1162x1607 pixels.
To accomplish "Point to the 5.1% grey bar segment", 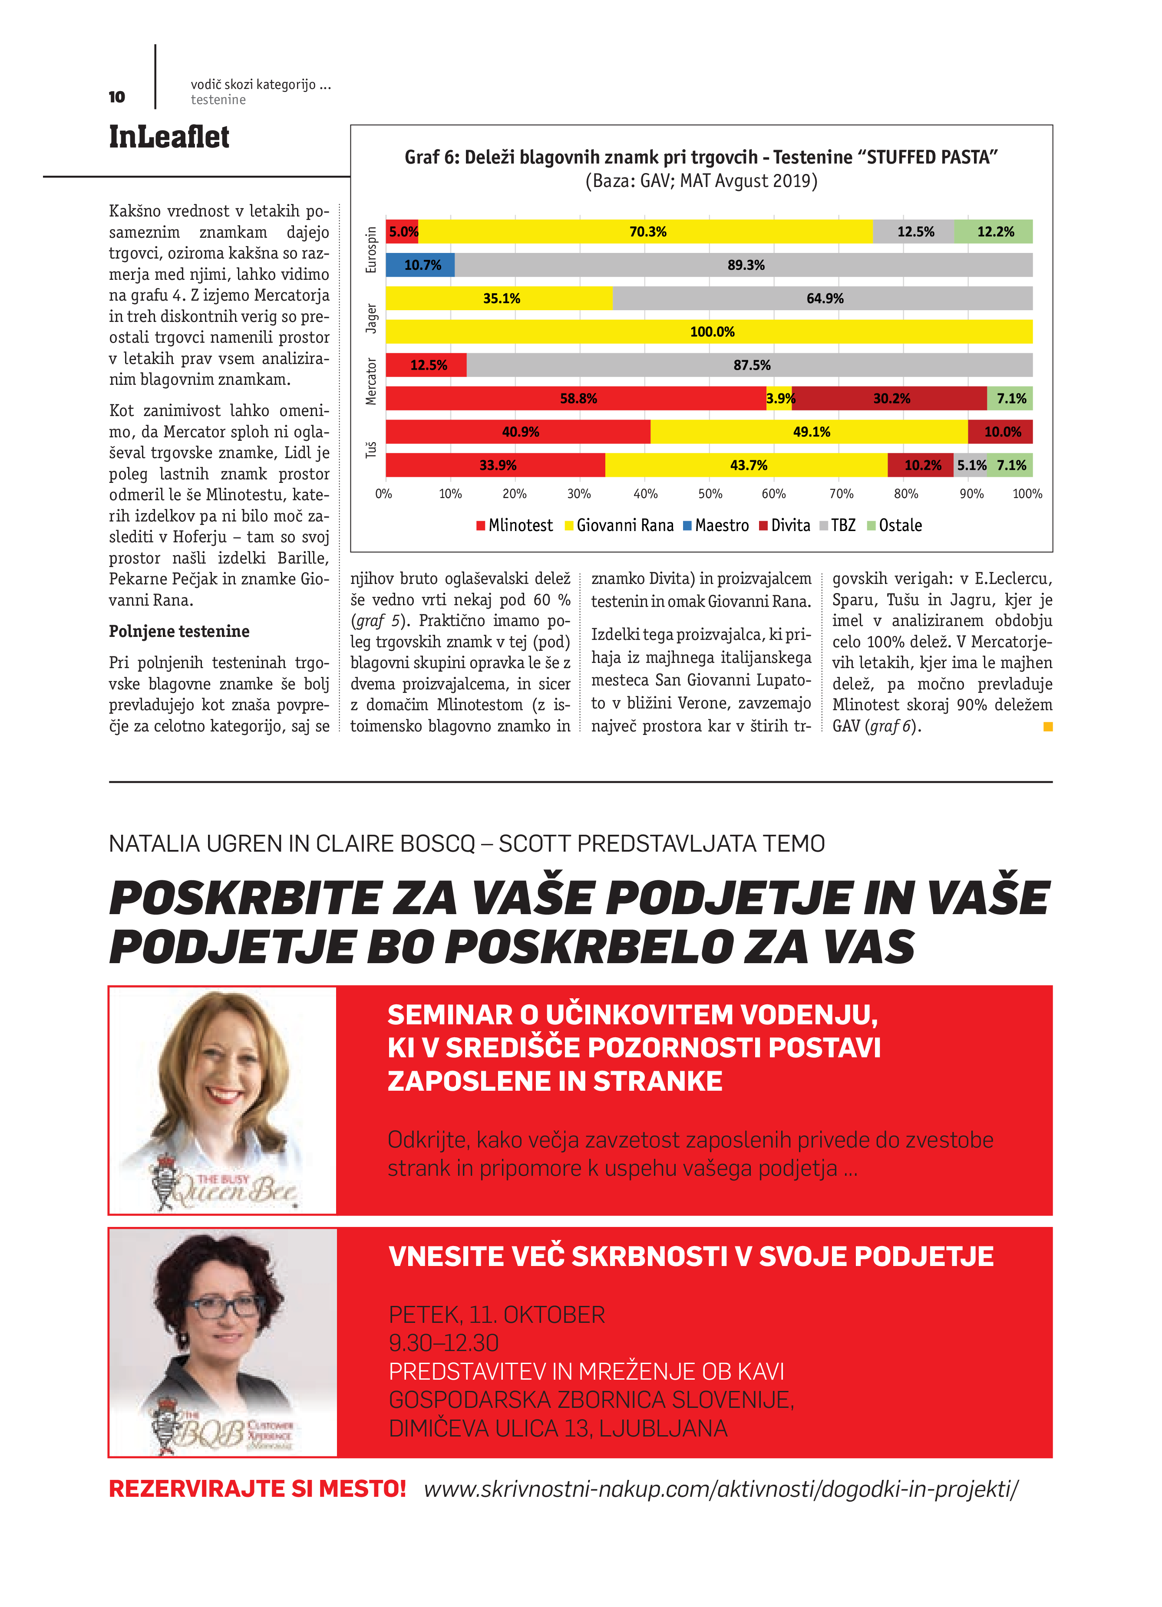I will (x=971, y=465).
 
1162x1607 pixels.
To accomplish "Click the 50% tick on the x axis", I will (x=710, y=494).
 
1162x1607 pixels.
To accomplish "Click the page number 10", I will (x=117, y=97).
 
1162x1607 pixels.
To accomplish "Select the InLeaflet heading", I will (x=169, y=137).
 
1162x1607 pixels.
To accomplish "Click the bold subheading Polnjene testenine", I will (x=178, y=631).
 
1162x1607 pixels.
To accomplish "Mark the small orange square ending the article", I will (x=1048, y=726).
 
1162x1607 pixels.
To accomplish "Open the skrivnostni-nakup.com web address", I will (x=720, y=1489).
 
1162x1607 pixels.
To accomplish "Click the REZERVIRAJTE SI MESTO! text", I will (x=257, y=1489).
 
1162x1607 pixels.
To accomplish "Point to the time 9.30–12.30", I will (x=444, y=1343).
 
